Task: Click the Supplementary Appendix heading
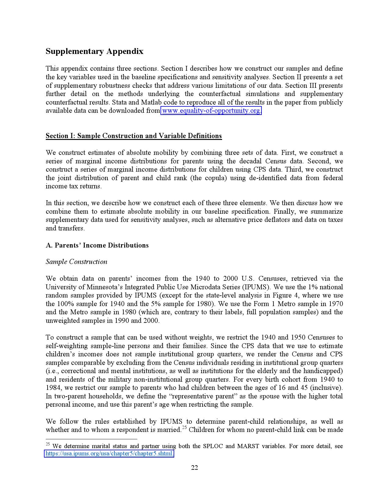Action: [94, 51]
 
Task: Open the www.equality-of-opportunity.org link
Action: [211, 111]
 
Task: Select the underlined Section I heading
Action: [134, 136]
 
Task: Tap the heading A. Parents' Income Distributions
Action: [97, 245]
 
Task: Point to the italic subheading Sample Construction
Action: [77, 262]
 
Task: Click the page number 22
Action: [194, 468]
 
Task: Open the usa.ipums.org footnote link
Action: [109, 454]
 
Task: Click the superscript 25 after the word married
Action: [184, 428]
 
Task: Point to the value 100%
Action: [65, 304]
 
